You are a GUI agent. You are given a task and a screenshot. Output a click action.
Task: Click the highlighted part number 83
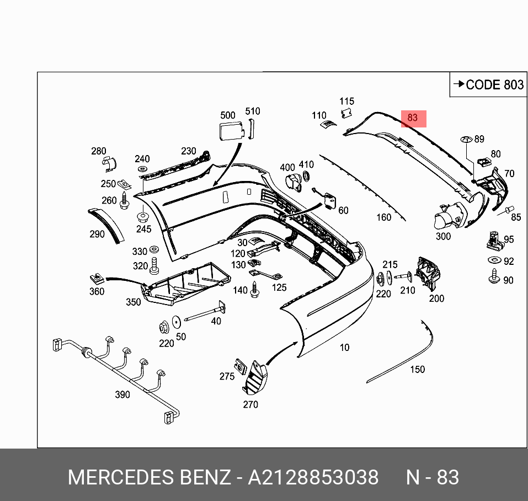pos(413,118)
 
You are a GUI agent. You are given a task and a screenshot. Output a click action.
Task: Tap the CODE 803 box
pos(488,84)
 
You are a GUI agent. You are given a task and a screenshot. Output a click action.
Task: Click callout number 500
pos(227,115)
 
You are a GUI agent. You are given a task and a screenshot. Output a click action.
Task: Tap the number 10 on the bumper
pos(344,347)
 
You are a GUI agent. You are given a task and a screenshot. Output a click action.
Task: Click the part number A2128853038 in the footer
pos(313,477)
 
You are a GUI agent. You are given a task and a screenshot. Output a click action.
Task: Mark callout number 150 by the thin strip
pos(417,369)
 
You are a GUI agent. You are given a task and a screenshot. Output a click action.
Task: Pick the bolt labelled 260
pos(124,201)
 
